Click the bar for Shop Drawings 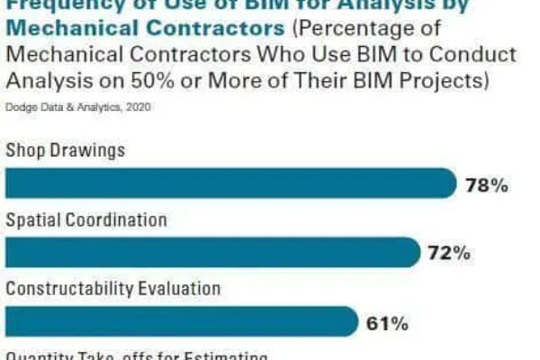click(x=230, y=184)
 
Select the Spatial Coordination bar click(x=212, y=252)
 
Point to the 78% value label click(x=488, y=185)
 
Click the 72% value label click(x=449, y=254)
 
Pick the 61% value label click(x=388, y=322)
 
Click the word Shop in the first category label click(x=26, y=150)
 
